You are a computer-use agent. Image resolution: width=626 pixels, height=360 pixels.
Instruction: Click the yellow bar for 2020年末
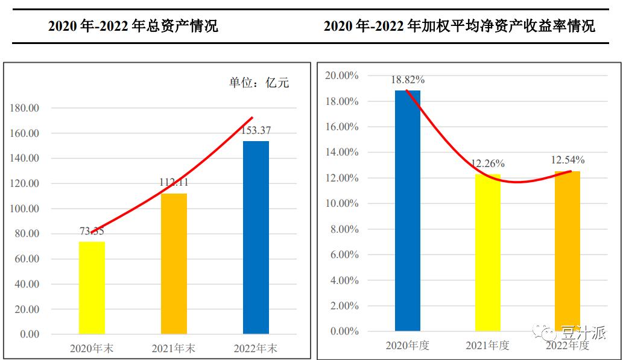[92, 288]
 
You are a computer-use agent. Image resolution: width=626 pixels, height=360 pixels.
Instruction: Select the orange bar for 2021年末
[174, 264]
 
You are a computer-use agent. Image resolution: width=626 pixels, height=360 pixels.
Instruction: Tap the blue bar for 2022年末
[256, 237]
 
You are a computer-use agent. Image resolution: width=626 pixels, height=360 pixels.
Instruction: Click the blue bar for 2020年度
[408, 210]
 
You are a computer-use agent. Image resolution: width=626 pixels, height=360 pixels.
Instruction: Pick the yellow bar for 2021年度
[488, 252]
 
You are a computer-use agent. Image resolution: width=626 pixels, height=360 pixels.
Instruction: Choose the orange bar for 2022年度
[568, 251]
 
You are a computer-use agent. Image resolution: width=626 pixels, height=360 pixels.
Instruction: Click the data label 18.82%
[408, 80]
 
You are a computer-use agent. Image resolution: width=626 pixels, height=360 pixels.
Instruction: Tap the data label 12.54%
[568, 160]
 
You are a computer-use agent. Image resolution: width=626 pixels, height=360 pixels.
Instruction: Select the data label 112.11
[174, 183]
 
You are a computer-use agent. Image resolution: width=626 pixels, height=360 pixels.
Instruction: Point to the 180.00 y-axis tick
[25, 108]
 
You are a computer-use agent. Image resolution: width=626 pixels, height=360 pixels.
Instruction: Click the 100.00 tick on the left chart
[25, 209]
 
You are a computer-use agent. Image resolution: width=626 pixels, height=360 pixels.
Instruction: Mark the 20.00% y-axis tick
[341, 76]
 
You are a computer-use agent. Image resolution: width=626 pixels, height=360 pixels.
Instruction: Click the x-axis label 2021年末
[174, 349]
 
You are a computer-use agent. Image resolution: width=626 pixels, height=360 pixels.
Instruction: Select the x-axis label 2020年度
[408, 346]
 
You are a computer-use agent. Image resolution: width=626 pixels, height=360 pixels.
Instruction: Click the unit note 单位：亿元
[259, 83]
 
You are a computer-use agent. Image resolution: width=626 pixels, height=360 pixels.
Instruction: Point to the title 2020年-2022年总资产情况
[133, 26]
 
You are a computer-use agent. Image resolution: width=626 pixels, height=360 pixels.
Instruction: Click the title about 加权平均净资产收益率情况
[459, 26]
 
